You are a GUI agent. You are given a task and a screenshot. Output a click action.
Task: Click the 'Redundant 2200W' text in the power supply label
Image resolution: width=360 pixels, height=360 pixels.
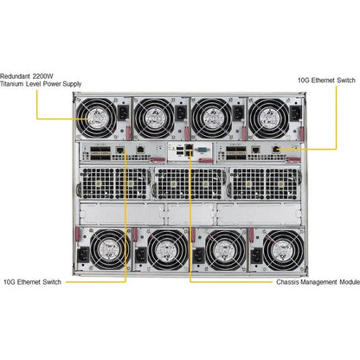pyautogui.click(x=27, y=76)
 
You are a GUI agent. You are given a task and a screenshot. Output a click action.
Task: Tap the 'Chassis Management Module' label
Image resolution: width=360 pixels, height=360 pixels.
pyautogui.click(x=318, y=282)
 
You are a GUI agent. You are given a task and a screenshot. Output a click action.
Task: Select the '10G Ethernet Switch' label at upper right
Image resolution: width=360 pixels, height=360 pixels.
pyautogui.click(x=326, y=80)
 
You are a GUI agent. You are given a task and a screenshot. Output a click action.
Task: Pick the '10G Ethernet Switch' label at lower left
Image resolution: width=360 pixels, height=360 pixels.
pyautogui.click(x=32, y=282)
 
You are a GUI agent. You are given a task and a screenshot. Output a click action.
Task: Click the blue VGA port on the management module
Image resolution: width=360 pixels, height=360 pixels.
pyautogui.click(x=202, y=150)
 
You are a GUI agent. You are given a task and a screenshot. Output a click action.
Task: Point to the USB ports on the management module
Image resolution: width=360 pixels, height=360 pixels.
pyautogui.click(x=180, y=150)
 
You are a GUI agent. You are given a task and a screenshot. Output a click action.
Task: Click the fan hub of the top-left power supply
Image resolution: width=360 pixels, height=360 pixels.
pyautogui.click(x=97, y=119)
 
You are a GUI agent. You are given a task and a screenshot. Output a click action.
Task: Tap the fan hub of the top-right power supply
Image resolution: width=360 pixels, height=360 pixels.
pyautogui.click(x=269, y=119)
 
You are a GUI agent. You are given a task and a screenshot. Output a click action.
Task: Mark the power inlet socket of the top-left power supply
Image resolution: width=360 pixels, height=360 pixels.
pyautogui.click(x=123, y=112)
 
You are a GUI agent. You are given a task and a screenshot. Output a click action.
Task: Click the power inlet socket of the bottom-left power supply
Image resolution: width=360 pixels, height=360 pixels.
pyautogui.click(x=83, y=255)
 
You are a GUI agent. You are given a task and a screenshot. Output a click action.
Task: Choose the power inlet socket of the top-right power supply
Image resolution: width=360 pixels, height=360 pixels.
pyautogui.click(x=295, y=113)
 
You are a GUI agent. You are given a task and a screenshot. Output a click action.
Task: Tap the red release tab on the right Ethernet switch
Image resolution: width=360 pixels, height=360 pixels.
pyautogui.click(x=293, y=160)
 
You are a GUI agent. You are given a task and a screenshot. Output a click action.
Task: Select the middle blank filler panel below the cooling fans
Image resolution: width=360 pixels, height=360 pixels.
pyautogui.click(x=190, y=214)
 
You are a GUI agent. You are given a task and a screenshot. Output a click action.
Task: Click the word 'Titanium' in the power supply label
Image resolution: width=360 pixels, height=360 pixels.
pyautogui.click(x=12, y=84)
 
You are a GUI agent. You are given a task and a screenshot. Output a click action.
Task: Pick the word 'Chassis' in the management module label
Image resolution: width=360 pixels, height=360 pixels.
pyautogui.click(x=287, y=282)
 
